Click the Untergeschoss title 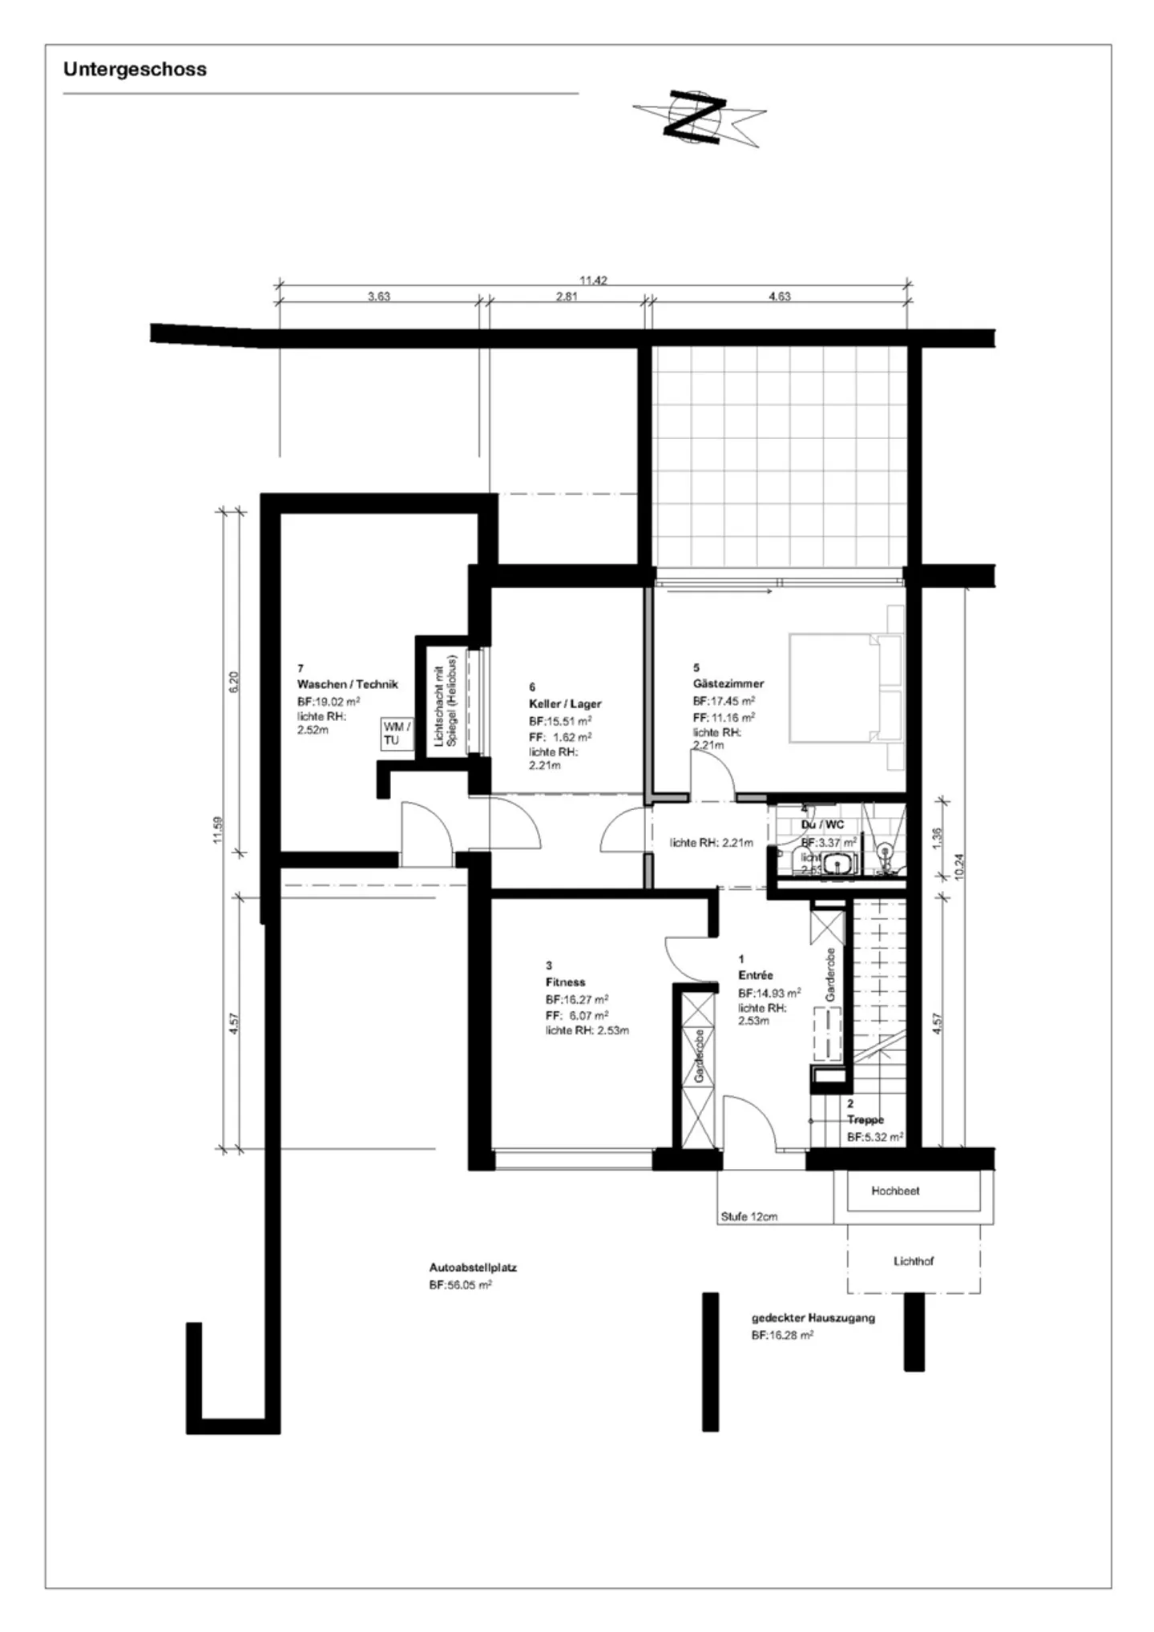[135, 70]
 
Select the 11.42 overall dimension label [593, 280]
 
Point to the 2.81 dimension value [566, 296]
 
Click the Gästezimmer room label [728, 683]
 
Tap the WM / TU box [397, 733]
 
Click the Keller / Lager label [565, 703]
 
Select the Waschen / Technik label [347, 684]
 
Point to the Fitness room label [565, 982]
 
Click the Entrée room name [755, 975]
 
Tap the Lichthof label [914, 1261]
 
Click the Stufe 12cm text [748, 1216]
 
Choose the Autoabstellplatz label [473, 1268]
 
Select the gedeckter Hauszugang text [813, 1318]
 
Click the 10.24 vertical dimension [960, 867]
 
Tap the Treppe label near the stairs [865, 1120]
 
